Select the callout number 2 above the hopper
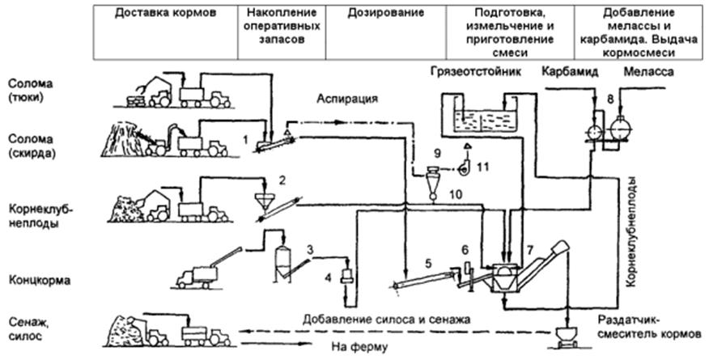tap(282, 179)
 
